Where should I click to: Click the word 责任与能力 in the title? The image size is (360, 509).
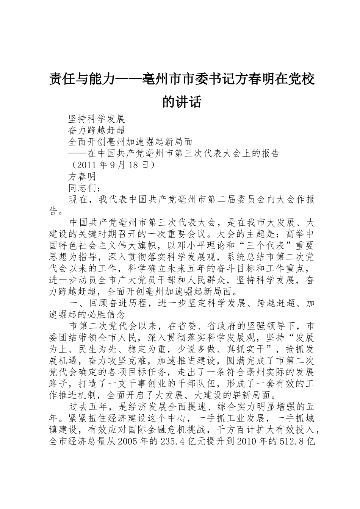[x=82, y=80]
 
